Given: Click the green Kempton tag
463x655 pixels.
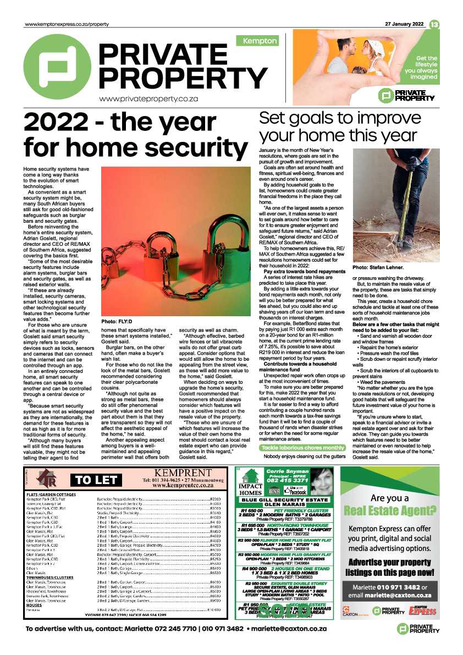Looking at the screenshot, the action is pyautogui.click(x=257, y=41).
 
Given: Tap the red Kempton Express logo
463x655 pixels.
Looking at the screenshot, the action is pyautogui.click(x=422, y=610).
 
